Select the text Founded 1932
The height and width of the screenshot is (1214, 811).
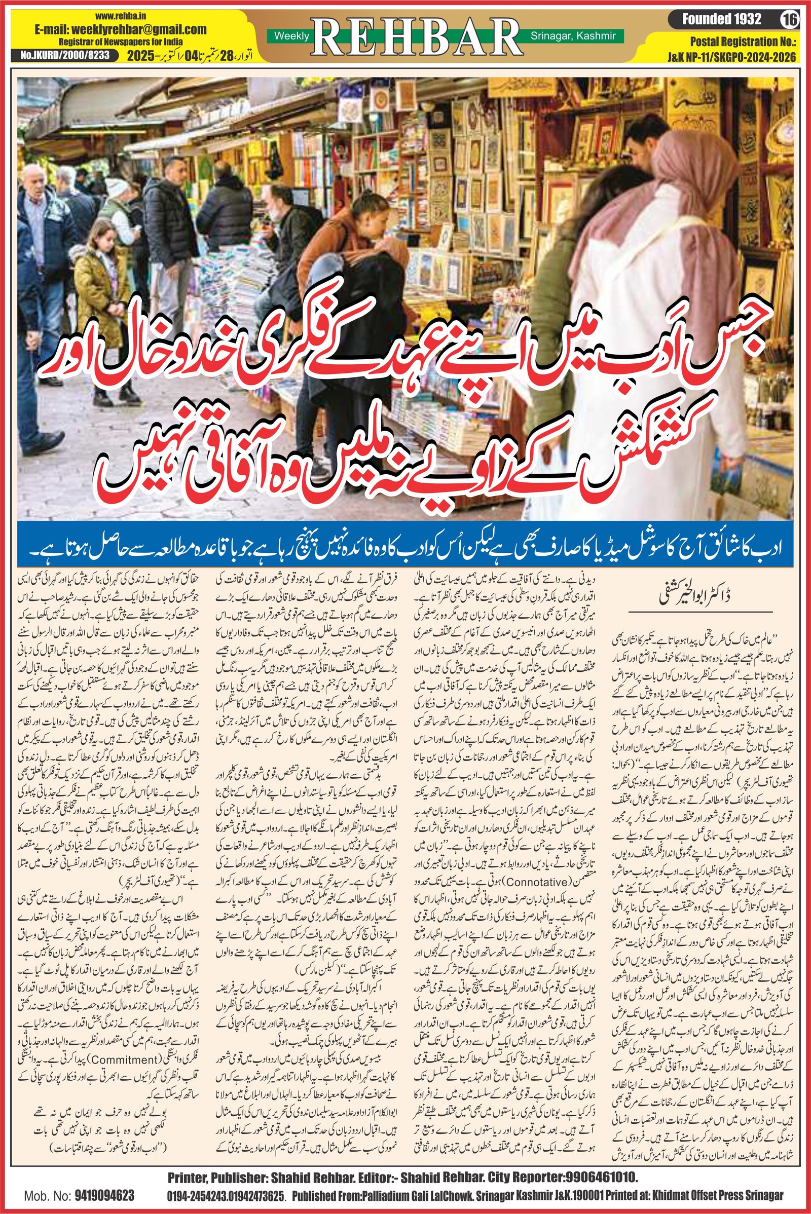[x=721, y=20]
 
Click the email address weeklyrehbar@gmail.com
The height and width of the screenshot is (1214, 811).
[x=121, y=30]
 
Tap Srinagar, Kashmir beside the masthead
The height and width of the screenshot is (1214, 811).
[x=573, y=35]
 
